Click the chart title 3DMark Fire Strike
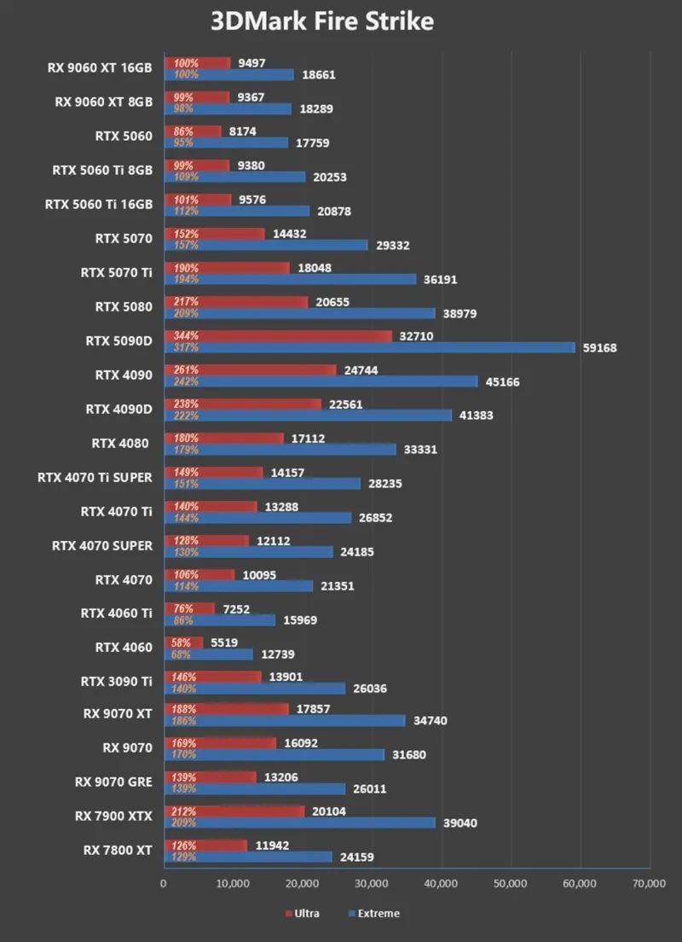tap(322, 21)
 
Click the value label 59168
tap(599, 348)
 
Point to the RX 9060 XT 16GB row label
tap(101, 68)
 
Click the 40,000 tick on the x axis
tap(441, 884)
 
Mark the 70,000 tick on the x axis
tap(649, 884)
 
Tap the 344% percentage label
tap(186, 336)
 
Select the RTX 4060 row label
tap(124, 647)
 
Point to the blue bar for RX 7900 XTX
tap(299, 823)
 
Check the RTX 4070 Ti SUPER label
tap(95, 477)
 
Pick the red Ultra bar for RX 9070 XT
tap(226, 709)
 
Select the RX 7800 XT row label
tap(118, 850)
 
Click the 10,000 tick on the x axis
tap(233, 884)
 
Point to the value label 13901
tap(286, 676)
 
